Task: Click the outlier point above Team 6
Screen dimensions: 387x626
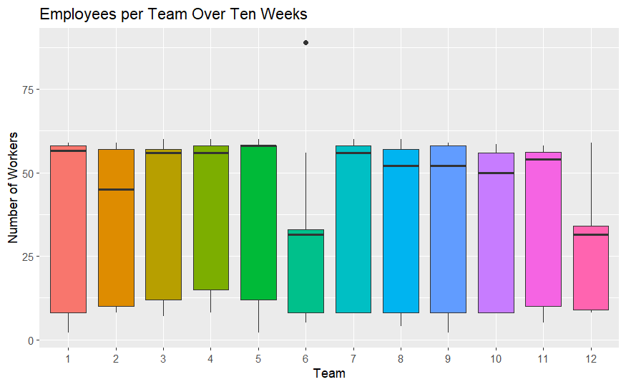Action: (305, 43)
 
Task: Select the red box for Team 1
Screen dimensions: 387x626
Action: (69, 229)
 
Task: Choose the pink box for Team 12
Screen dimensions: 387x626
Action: (590, 272)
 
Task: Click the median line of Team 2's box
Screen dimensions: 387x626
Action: (116, 190)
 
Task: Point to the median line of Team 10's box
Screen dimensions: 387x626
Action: (495, 173)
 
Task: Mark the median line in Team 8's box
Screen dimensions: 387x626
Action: (401, 166)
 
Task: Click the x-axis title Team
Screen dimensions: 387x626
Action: (329, 373)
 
